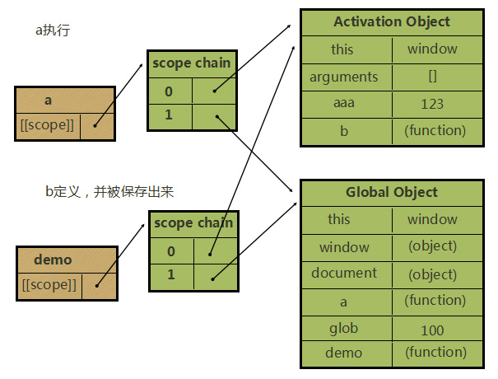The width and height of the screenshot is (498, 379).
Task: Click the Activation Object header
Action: pos(392,21)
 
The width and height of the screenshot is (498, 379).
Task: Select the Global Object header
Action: pos(392,192)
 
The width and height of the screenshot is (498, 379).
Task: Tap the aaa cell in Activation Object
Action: pos(342,103)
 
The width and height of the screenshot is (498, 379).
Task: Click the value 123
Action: pos(431,104)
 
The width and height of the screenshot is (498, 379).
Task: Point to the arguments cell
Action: pos(344,77)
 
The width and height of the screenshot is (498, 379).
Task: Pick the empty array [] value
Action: pos(431,77)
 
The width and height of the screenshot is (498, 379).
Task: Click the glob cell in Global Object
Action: pos(343,328)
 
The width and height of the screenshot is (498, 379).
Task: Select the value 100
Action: pos(431,330)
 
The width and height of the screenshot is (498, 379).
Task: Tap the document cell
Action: pos(344,273)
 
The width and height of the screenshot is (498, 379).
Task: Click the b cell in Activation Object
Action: pos(342,130)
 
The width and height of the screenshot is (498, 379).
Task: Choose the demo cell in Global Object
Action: pos(343,353)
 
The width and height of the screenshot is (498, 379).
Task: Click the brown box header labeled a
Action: pos(49,100)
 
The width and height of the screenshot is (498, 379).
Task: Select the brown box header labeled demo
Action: pos(53,260)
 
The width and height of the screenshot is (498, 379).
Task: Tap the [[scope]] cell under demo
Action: pos(50,285)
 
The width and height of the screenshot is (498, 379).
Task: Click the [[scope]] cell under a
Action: pos(48,125)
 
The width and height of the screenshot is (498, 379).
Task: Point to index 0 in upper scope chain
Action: pos(169,90)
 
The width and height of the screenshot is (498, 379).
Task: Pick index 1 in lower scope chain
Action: pos(171,274)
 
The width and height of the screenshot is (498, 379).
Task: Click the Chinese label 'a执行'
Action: pos(51,30)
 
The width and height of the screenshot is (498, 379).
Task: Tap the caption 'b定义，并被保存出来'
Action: pos(109,191)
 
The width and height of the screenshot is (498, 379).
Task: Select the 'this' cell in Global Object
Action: pos(339,219)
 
